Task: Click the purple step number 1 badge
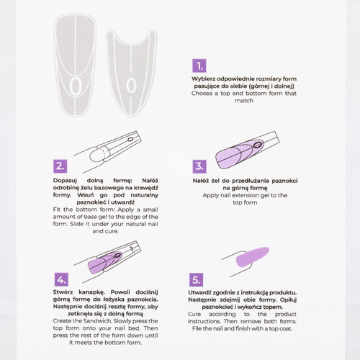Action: click(x=199, y=66)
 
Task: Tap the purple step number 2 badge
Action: click(x=60, y=166)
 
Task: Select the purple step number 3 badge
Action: click(x=199, y=166)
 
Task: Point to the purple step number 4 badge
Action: click(x=61, y=279)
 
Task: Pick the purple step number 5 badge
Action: click(x=196, y=279)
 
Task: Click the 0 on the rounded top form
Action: click(x=76, y=86)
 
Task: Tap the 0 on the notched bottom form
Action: click(x=131, y=86)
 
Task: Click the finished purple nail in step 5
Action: click(x=252, y=257)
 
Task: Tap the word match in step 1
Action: click(x=244, y=101)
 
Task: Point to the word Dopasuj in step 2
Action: click(x=65, y=181)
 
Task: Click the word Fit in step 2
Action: click(x=57, y=210)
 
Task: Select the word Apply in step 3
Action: click(x=210, y=195)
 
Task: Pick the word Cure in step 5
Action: click(x=194, y=314)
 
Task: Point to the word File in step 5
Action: click(x=197, y=328)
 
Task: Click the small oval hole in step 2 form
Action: click(x=130, y=139)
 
